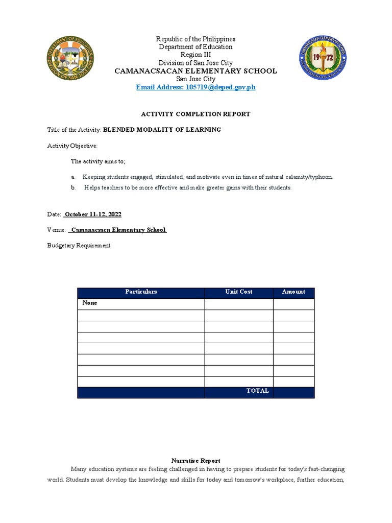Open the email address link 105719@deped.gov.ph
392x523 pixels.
pyautogui.click(x=195, y=87)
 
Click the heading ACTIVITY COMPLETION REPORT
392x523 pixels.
pyautogui.click(x=196, y=114)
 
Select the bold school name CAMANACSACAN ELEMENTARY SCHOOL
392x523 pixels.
pyautogui.click(x=195, y=71)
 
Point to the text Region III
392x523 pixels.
pyautogui.click(x=195, y=55)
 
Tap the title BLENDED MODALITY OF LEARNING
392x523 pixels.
pyautogui.click(x=162, y=130)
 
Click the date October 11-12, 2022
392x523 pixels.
pyautogui.click(x=92, y=214)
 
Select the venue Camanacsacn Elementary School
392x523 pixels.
pyautogui.click(x=118, y=230)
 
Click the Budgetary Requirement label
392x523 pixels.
pyautogui.click(x=79, y=246)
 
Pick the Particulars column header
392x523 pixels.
pyautogui.click(x=141, y=292)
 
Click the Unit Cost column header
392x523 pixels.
pyautogui.click(x=239, y=292)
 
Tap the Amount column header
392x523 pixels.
pyautogui.click(x=293, y=292)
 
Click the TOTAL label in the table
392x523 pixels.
pyautogui.click(x=257, y=391)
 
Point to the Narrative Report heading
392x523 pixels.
pyautogui.click(x=196, y=461)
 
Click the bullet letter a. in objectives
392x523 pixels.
pyautogui.click(x=73, y=177)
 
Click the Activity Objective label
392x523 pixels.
pyautogui.click(x=72, y=146)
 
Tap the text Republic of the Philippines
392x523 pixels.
pyautogui.click(x=195, y=39)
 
